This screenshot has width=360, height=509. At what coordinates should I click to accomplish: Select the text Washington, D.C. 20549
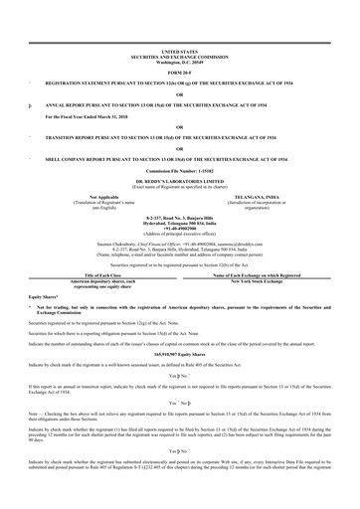coord(179,61)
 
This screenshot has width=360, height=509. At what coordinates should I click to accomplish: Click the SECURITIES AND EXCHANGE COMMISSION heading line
coord(179,56)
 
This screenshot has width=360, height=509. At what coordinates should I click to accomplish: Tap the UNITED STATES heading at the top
coord(179,50)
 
